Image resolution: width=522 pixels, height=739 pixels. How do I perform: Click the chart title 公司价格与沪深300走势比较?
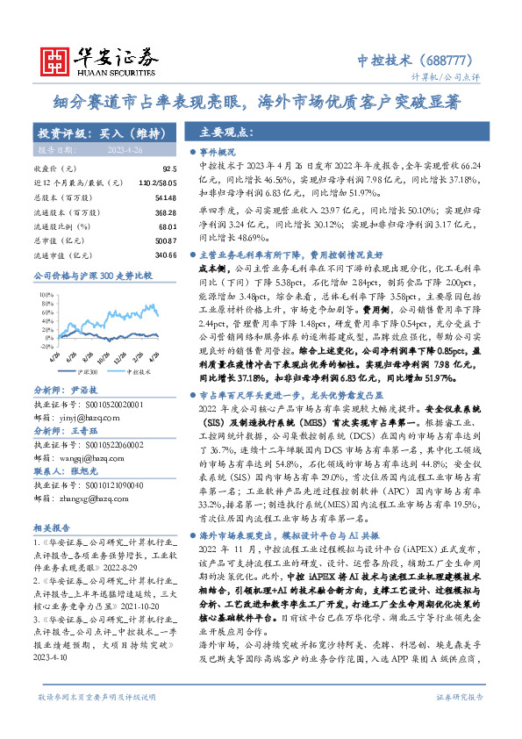pyautogui.click(x=80, y=276)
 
